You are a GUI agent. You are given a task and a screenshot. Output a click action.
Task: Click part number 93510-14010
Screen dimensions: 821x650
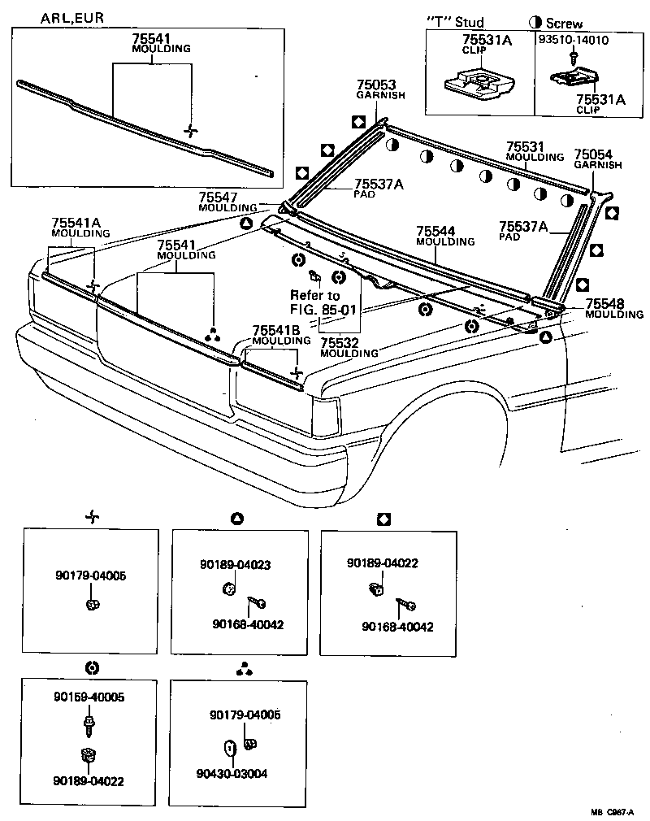pyautogui.click(x=573, y=39)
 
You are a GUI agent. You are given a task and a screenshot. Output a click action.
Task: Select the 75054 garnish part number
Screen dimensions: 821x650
pyautogui.click(x=593, y=154)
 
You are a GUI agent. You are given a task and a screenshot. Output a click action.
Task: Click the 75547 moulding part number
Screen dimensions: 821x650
pyautogui.click(x=218, y=198)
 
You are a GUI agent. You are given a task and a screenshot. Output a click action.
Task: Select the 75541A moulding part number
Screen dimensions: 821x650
pyautogui.click(x=76, y=223)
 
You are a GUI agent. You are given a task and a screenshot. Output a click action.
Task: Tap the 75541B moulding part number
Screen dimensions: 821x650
pyautogui.click(x=275, y=331)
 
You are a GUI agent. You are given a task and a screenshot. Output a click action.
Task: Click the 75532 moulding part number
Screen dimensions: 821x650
pyautogui.click(x=340, y=343)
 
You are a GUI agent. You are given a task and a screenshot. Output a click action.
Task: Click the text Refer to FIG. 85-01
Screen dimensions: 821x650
pyautogui.click(x=316, y=302)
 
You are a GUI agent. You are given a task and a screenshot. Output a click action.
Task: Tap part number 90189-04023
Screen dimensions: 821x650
pyautogui.click(x=236, y=563)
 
